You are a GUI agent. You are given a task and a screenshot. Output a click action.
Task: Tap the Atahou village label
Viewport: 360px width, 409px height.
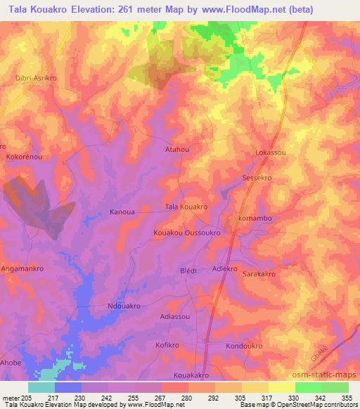point(177,150)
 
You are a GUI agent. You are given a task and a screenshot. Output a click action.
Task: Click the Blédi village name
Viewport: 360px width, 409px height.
point(188,271)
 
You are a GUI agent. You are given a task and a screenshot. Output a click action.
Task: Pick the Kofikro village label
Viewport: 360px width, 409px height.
point(169,346)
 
